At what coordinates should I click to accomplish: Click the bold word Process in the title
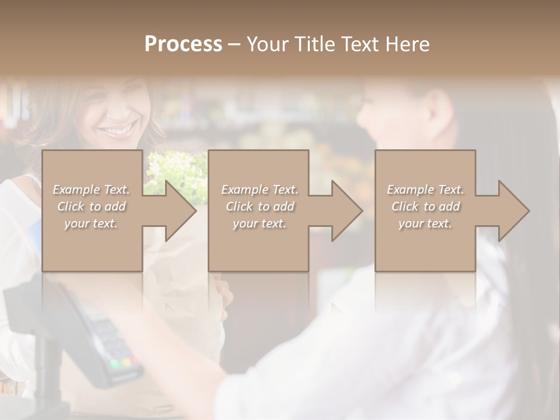point(183,44)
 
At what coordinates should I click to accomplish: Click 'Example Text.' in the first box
point(92,190)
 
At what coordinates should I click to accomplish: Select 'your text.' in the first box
point(92,223)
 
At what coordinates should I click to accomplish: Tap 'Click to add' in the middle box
point(260,206)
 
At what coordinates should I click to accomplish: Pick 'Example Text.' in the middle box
point(260,190)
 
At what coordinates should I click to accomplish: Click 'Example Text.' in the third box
point(425,190)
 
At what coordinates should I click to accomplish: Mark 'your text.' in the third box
point(425,223)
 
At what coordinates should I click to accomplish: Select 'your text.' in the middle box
point(260,223)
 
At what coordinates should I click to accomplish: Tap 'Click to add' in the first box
point(92,206)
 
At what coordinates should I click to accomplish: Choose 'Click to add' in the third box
point(425,206)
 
